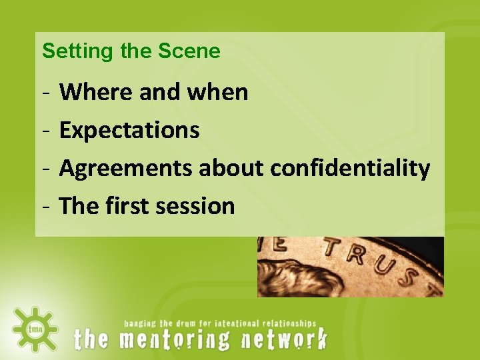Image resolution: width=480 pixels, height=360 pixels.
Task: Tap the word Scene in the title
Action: [x=189, y=51]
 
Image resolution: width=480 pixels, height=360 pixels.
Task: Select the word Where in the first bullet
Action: [x=97, y=92]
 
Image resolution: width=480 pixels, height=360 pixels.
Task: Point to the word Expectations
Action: [x=129, y=130]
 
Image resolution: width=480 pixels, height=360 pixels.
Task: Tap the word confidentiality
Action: [x=349, y=168]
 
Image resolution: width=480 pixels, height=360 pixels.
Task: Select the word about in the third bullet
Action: [x=233, y=168]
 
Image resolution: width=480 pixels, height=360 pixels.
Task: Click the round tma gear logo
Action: [x=34, y=328]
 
